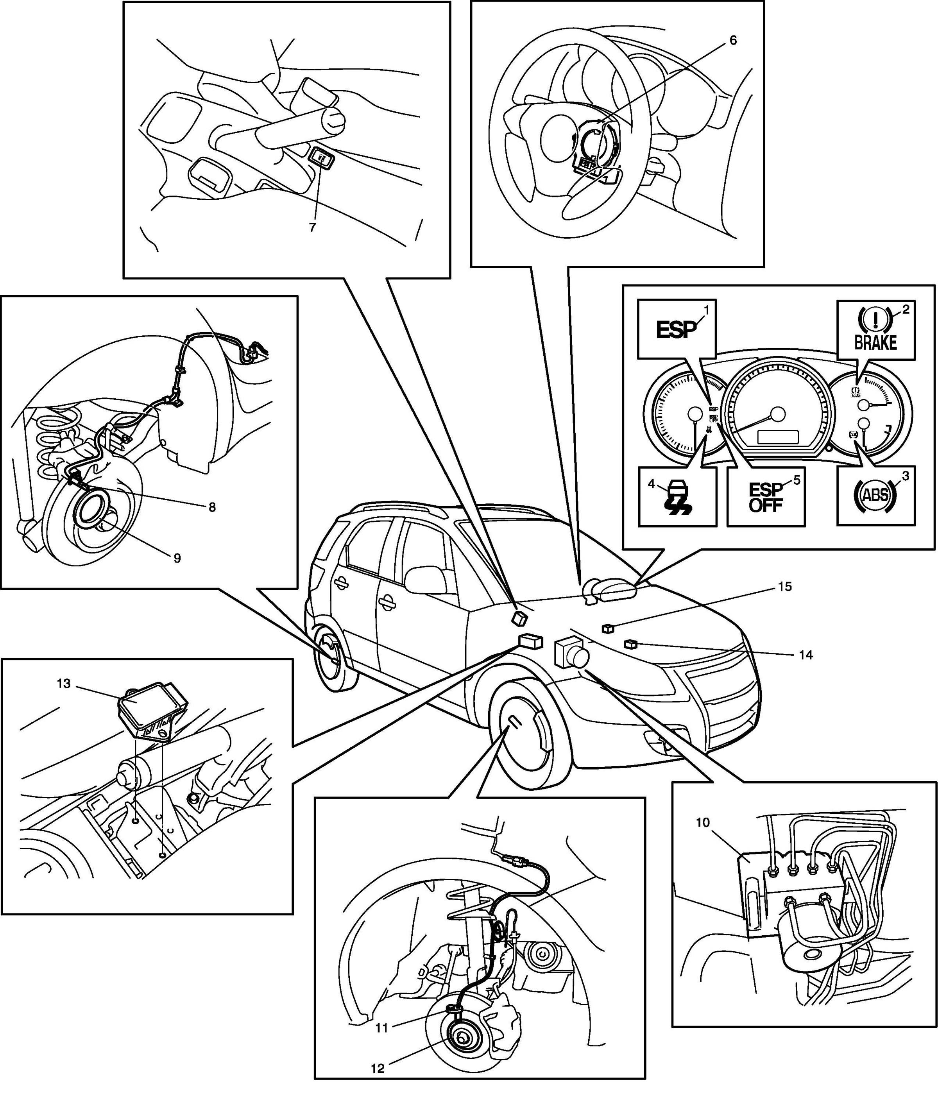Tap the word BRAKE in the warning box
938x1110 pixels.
click(875, 342)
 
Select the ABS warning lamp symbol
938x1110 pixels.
click(875, 495)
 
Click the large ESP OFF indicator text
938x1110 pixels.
click(766, 497)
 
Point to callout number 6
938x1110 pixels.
click(733, 40)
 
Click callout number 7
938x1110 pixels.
click(312, 227)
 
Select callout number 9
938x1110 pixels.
click(177, 557)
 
